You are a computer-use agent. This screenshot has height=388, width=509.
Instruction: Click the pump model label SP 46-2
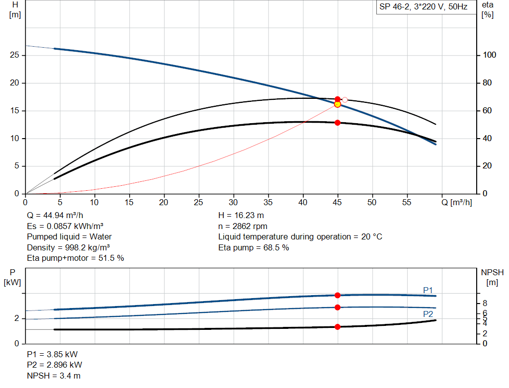pos(423,7)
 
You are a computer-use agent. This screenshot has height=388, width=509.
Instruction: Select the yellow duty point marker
pos(338,104)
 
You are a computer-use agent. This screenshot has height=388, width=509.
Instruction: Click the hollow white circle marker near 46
pos(345,100)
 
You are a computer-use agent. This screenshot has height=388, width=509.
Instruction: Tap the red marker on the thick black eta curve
pos(338,122)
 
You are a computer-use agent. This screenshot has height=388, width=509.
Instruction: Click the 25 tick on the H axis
pos(14,55)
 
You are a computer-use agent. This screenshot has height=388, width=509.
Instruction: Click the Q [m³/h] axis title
pos(456,202)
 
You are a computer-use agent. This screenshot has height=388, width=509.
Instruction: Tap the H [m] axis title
pos(15,9)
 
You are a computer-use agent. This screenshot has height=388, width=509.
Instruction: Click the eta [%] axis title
pos(488,9)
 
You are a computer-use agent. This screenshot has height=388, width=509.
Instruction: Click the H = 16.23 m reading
pos(241,215)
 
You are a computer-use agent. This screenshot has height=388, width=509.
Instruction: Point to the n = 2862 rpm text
pos(243,226)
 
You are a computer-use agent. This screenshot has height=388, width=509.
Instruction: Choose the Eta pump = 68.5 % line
pos(254,247)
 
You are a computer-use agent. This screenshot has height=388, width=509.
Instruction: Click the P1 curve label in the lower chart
pos(428,290)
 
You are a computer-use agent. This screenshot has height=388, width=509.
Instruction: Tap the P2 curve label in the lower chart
pos(428,314)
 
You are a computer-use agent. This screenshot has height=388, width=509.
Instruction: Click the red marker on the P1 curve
pos(338,295)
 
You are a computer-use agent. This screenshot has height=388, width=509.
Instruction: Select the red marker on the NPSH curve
pos(338,326)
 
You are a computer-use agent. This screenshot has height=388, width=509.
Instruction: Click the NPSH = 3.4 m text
pos(54,376)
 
